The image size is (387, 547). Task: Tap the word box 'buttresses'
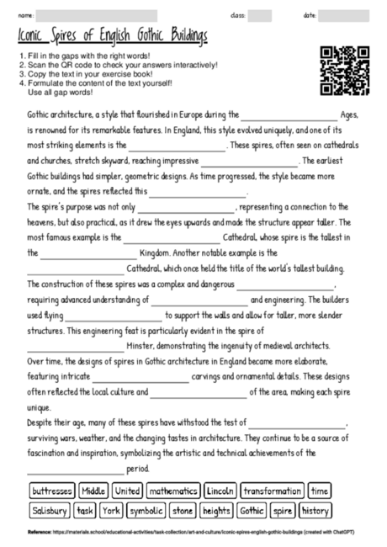[x=51, y=491]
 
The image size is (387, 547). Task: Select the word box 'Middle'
[x=93, y=491]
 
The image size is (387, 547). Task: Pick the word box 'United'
[x=127, y=491]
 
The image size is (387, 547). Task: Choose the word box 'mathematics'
[x=172, y=491]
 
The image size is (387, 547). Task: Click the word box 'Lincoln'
[x=220, y=491]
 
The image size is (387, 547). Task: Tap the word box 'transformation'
[x=272, y=491]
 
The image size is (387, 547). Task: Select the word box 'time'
[x=320, y=491]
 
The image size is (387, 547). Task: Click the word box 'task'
[x=85, y=510]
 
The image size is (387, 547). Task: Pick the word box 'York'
[x=112, y=510]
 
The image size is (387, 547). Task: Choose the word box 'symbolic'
[x=146, y=510]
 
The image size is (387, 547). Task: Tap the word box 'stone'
[x=183, y=510]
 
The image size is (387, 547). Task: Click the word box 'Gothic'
[x=252, y=510]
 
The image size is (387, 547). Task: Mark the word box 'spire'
[x=283, y=510]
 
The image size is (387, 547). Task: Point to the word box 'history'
[x=315, y=510]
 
